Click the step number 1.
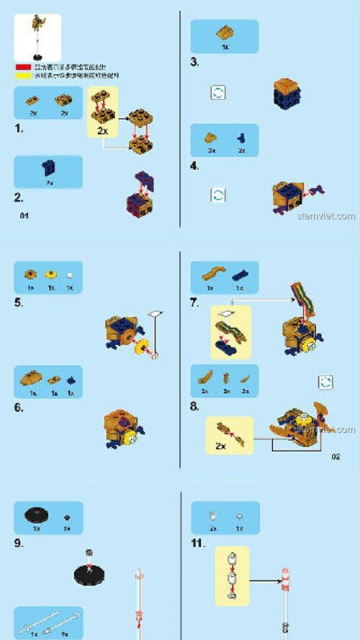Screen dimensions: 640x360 [x=19, y=129]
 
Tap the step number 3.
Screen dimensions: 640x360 [x=194, y=62]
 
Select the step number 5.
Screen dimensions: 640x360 [x=19, y=302]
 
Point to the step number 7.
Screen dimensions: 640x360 [x=194, y=302]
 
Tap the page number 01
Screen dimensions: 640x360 [x=24, y=215]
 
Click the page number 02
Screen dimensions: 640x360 [x=336, y=456]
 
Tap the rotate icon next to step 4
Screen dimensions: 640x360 [x=217, y=194]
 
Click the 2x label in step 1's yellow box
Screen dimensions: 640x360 [x=103, y=131]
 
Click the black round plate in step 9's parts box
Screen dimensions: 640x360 [x=34, y=513]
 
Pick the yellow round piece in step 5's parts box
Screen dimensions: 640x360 [x=50, y=274]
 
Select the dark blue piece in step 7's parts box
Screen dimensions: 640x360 [x=240, y=273]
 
